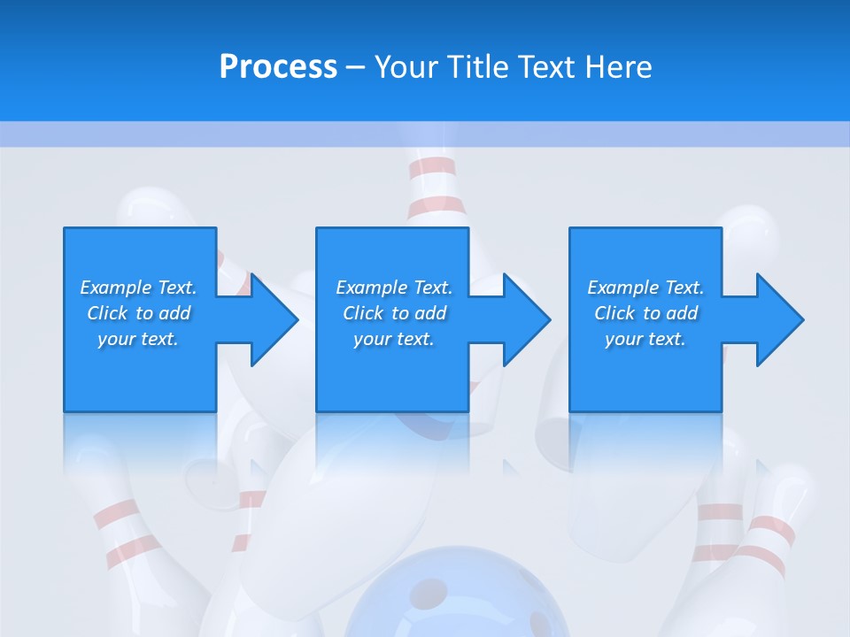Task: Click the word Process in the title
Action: point(278,67)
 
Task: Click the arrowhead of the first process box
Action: point(270,319)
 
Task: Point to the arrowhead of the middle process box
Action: point(523,319)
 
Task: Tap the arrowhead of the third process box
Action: point(777,319)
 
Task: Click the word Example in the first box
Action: point(115,288)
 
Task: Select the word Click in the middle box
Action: point(361,313)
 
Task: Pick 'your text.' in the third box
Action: point(645,339)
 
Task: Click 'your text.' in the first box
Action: point(138,339)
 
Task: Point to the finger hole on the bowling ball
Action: point(431,591)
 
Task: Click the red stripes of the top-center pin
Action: point(435,186)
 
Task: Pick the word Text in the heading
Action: point(542,67)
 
